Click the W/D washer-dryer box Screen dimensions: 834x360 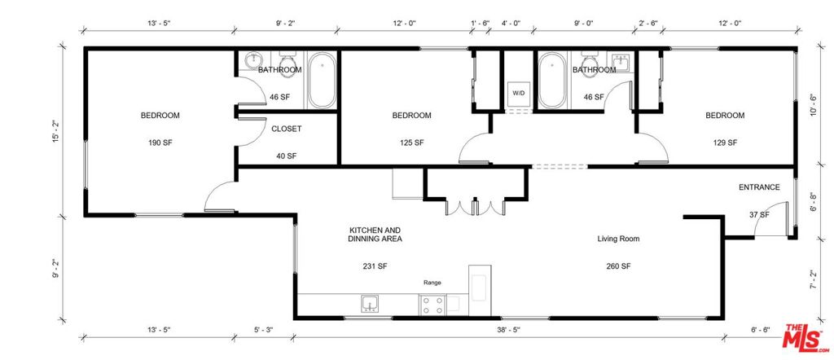518,94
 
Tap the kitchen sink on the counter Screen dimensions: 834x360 370,304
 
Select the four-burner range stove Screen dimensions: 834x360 432,305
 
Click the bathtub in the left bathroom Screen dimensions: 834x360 321,80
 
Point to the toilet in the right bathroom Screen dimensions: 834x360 590,65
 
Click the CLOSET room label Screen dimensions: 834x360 287,129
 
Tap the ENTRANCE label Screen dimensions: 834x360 759,187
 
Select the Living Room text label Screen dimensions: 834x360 618,239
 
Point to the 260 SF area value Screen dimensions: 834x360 618,266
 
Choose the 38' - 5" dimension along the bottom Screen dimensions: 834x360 508,330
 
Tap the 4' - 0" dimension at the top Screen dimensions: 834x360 511,23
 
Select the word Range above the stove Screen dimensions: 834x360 432,283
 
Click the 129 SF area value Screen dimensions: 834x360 725,143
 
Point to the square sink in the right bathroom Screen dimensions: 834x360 621,62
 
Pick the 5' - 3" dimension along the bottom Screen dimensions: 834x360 263,330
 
